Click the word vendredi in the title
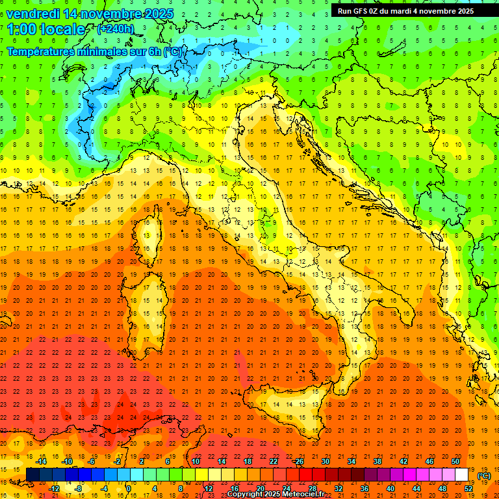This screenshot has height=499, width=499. [34, 14]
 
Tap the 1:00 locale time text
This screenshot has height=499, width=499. [46, 29]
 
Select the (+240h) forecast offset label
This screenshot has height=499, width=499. [116, 29]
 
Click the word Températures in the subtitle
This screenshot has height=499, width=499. [42, 51]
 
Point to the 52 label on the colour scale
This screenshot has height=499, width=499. [468, 489]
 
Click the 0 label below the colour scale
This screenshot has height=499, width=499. [129, 489]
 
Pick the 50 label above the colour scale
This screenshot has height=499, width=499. [455, 461]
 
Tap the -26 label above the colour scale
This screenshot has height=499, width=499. [298, 461]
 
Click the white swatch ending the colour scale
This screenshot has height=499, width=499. [462, 475]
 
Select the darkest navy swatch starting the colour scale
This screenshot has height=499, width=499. [32, 475]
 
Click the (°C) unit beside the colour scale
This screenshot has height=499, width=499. [484, 476]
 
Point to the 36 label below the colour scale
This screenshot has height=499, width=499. [364, 489]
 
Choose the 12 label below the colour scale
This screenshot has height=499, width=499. [208, 489]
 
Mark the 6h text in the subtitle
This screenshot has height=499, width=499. [155, 51]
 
